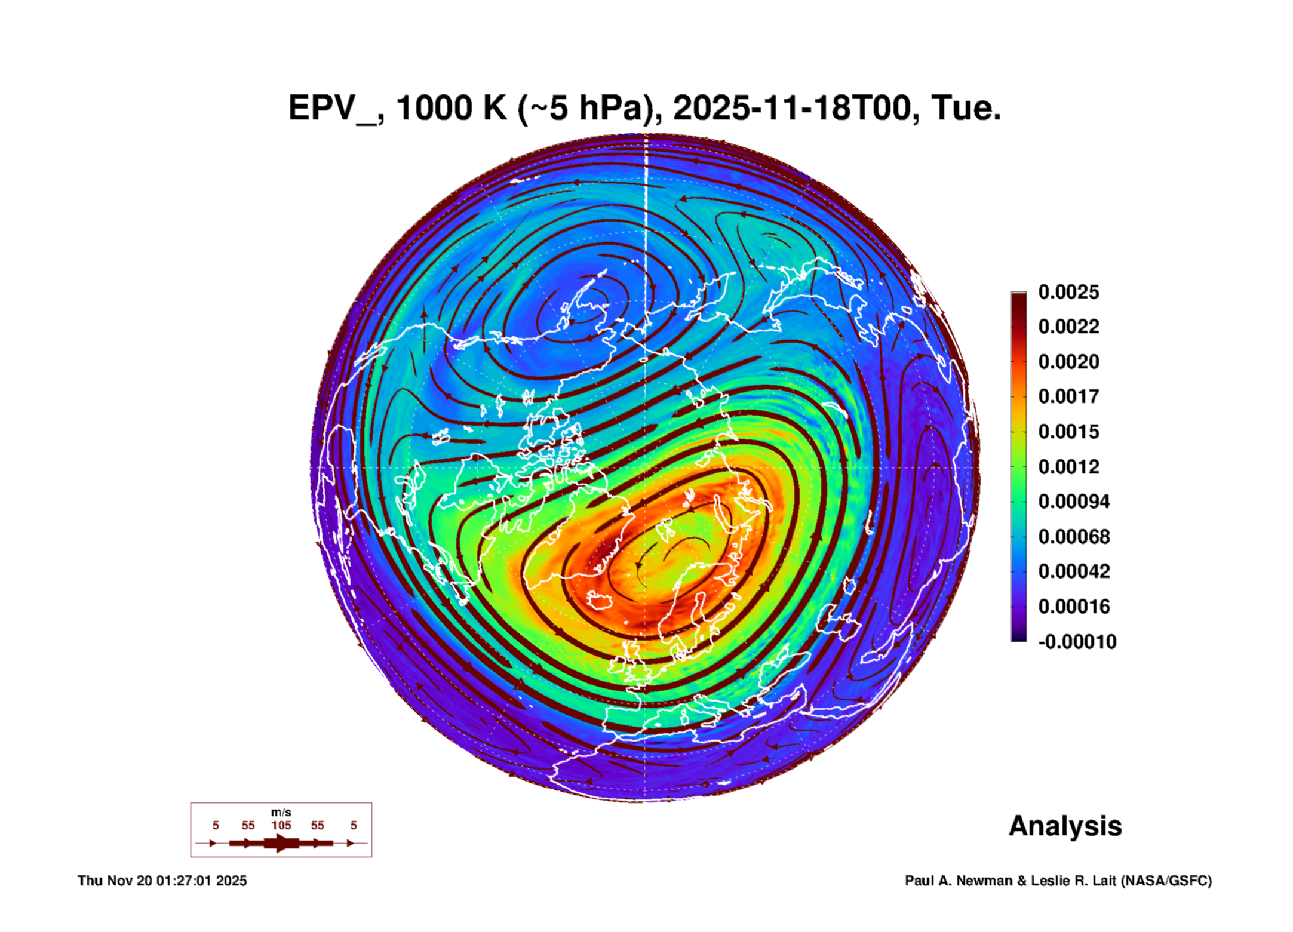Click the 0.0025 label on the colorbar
(1068, 292)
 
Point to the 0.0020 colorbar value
(1068, 362)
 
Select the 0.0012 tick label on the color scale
(1068, 466)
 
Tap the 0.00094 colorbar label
(1073, 502)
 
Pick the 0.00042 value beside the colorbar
(1073, 571)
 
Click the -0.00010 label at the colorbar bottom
(1077, 642)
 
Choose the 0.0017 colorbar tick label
(1068, 396)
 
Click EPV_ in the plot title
(332, 109)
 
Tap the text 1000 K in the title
(451, 108)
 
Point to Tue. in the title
(966, 108)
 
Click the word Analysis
(1065, 826)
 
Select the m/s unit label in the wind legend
(281, 812)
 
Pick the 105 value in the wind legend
(281, 825)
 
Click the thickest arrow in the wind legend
(281, 843)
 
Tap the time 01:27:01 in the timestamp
(183, 881)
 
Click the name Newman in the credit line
(985, 881)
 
